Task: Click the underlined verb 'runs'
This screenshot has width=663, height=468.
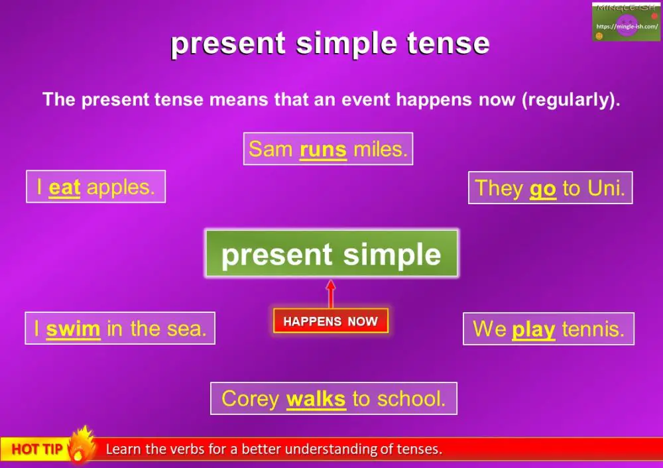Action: (x=323, y=149)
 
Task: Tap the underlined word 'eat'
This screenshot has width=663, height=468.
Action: (x=64, y=188)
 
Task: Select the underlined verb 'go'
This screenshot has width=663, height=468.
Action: (x=542, y=189)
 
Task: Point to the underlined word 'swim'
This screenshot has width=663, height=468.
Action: (x=73, y=329)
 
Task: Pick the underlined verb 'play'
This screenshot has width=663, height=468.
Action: (x=534, y=329)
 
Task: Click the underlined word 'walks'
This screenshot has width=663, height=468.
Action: (x=316, y=399)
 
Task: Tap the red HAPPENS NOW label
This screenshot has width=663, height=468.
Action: (x=330, y=322)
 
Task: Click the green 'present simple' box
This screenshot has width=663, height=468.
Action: (x=331, y=254)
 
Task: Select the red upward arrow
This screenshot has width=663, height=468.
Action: (x=331, y=293)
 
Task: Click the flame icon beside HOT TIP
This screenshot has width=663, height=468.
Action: (x=81, y=444)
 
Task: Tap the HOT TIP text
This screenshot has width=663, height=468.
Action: (x=36, y=449)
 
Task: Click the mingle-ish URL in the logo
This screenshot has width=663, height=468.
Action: (x=627, y=27)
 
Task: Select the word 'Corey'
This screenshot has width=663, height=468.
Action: (x=251, y=399)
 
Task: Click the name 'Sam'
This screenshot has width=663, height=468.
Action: (x=271, y=149)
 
